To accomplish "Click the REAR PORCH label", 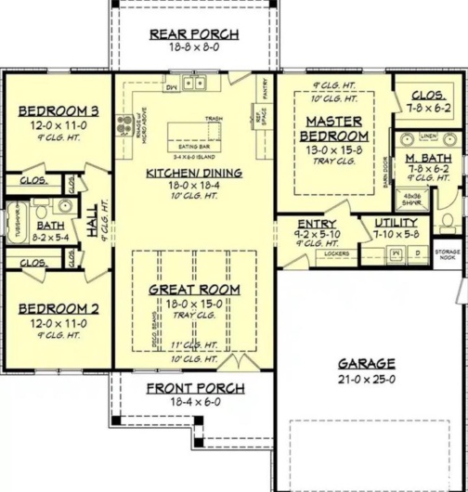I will (195, 34).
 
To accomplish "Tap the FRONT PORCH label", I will (196, 388).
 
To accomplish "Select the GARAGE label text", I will (366, 363).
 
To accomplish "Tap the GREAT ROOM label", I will (194, 290).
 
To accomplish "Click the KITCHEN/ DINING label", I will (194, 173).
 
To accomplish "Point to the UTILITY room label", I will (396, 223).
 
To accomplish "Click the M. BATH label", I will (428, 159).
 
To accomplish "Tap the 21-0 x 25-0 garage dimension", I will (366, 378).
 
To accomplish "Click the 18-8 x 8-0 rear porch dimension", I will (195, 48).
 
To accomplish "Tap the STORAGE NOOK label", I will (448, 255).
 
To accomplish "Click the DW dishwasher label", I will (171, 87).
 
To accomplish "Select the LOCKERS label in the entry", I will (311, 252).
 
